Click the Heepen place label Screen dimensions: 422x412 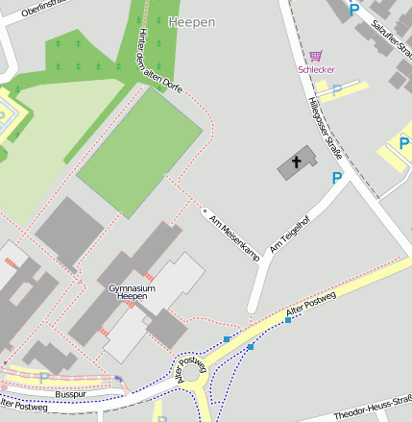[x=192, y=22]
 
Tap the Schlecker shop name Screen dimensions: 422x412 [x=316, y=69]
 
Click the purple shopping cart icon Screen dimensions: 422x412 [x=316, y=57]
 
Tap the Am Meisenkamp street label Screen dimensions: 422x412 [x=235, y=236]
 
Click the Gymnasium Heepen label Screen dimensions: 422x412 [x=134, y=292]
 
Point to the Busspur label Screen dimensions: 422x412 [x=71, y=394]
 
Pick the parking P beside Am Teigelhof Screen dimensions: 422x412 [x=336, y=178]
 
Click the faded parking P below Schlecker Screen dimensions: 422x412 [x=337, y=89]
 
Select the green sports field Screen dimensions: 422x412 [x=139, y=152]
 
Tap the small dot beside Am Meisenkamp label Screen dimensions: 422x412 [x=204, y=208]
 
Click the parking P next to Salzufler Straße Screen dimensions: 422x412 [x=353, y=9]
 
